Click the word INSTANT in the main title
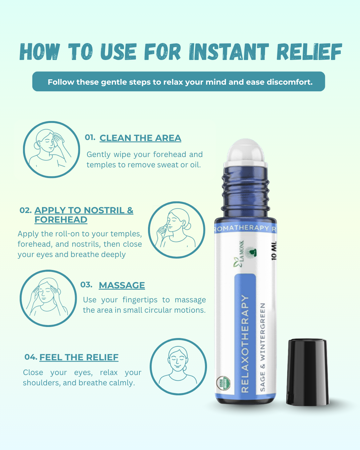click(x=229, y=52)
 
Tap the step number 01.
click(x=90, y=137)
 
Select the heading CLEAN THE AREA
click(x=140, y=138)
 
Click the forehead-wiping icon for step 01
click(x=51, y=150)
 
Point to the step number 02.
click(x=26, y=210)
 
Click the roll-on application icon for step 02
click(x=177, y=230)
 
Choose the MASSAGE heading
click(x=122, y=285)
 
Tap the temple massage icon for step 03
click(x=48, y=298)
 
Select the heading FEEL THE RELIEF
click(x=79, y=357)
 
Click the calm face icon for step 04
click(x=178, y=367)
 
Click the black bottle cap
click(x=307, y=372)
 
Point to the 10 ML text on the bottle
click(x=274, y=251)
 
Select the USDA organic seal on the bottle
click(x=223, y=383)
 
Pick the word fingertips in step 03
click(x=140, y=300)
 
